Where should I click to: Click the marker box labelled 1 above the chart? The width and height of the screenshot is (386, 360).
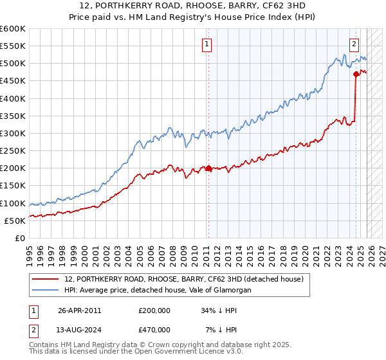(x=207, y=44)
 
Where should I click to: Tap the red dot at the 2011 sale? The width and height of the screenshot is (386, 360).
(x=208, y=168)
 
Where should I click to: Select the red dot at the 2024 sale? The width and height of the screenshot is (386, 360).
(x=356, y=75)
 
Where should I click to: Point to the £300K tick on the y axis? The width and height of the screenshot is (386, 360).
(x=13, y=134)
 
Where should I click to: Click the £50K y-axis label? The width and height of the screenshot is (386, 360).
(x=15, y=221)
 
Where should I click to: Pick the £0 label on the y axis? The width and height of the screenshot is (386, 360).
(x=21, y=238)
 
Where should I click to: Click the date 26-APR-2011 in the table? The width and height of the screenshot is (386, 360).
(x=80, y=310)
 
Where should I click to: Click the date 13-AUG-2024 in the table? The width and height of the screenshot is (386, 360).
(x=80, y=330)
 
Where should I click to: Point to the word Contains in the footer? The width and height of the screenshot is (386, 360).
(x=44, y=346)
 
